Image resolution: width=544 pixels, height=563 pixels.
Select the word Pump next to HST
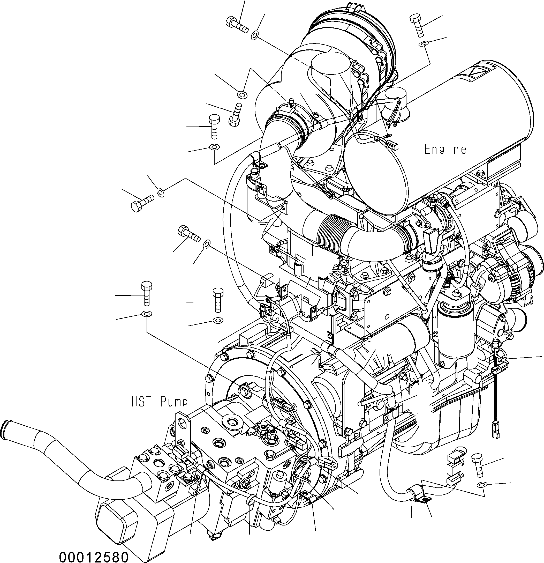pos(174,402)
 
